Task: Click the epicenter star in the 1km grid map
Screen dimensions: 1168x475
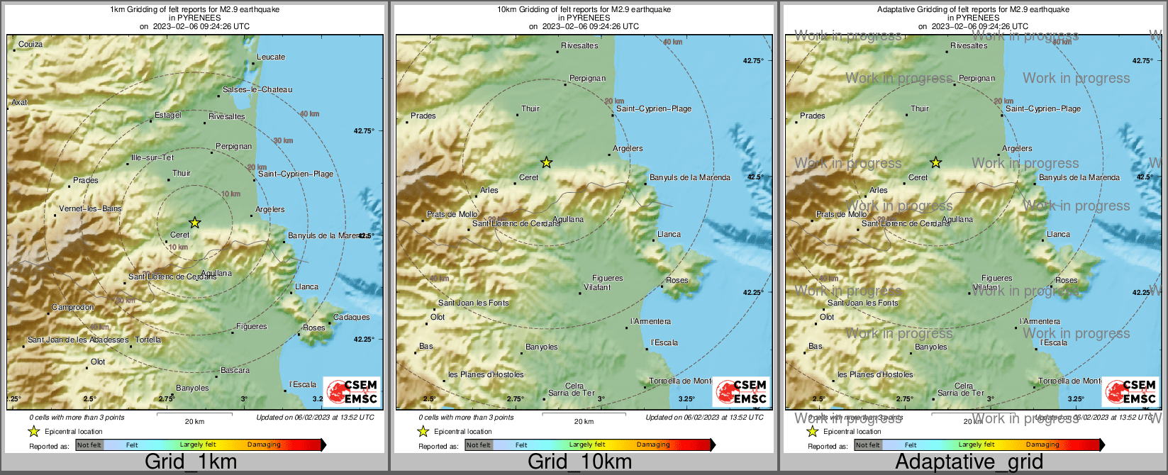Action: point(195,223)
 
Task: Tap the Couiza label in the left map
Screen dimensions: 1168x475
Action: point(30,44)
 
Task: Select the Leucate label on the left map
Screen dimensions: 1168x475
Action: point(271,57)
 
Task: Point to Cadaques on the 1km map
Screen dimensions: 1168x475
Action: point(352,317)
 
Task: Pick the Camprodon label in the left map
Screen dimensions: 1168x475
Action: point(73,308)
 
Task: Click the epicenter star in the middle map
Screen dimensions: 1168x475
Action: point(546,162)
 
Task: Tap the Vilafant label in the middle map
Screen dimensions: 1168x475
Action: point(597,287)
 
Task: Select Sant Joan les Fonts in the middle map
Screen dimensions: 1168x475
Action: point(474,303)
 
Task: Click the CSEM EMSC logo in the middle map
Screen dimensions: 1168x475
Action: point(741,391)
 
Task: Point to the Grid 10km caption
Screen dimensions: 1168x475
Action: point(579,462)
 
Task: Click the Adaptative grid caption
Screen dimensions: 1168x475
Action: point(969,462)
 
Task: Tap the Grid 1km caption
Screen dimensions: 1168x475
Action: point(191,462)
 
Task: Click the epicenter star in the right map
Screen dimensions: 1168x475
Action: point(935,162)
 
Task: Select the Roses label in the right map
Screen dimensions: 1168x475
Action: point(1066,280)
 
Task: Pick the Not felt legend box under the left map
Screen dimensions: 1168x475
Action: point(89,445)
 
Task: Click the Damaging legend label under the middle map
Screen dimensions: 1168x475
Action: point(653,445)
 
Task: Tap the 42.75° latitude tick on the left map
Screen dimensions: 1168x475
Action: point(364,130)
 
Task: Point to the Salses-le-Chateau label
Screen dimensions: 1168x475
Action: point(257,89)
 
